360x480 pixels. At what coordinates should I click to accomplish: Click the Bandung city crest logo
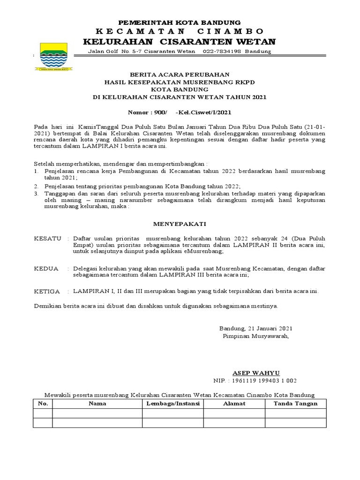(52, 56)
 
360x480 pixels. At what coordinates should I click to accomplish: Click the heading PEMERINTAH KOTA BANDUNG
(180, 22)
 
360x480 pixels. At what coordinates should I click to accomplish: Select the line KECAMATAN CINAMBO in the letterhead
(180, 31)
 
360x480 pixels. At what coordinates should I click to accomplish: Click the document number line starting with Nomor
(180, 112)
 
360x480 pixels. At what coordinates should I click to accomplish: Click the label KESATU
(48, 239)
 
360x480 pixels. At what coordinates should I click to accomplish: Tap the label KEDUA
(46, 269)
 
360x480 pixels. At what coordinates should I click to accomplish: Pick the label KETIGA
(47, 291)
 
